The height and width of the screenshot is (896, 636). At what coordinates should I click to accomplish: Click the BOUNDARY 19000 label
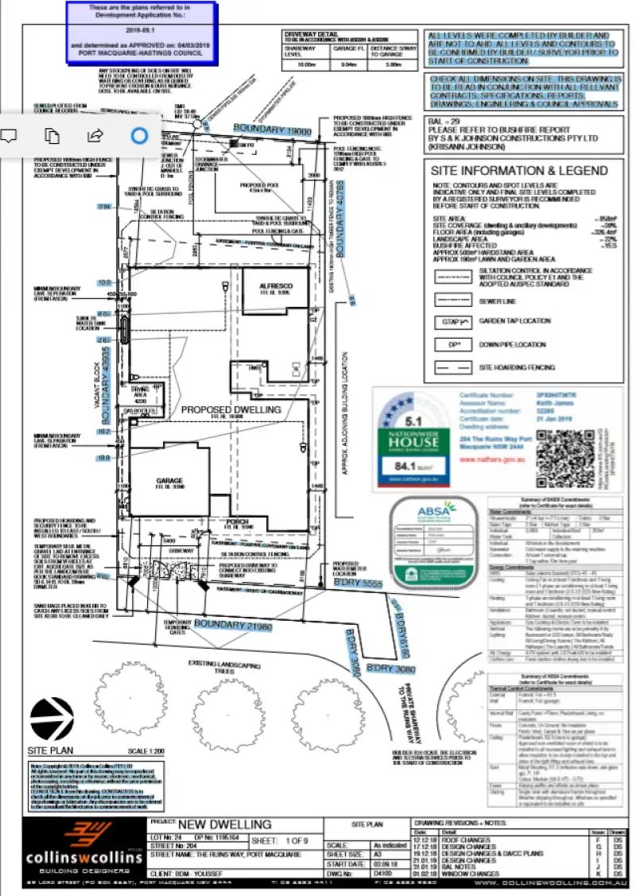pos(271,129)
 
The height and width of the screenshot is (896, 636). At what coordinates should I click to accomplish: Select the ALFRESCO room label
pos(276,286)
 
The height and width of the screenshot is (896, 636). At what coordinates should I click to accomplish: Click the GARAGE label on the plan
pos(169,481)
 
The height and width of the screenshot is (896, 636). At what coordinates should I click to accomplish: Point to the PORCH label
pos(238,522)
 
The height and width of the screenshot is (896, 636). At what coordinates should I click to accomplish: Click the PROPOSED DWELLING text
pos(231,409)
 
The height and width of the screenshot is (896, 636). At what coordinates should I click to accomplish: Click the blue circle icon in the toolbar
pos(139,135)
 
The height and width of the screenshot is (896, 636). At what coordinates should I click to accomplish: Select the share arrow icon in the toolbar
pos(95,135)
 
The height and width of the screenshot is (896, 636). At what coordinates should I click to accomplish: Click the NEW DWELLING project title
pos(225,824)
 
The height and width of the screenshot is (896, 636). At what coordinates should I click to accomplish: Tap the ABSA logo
pos(436,510)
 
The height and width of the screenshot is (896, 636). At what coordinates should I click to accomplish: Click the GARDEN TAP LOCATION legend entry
pos(514,321)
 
